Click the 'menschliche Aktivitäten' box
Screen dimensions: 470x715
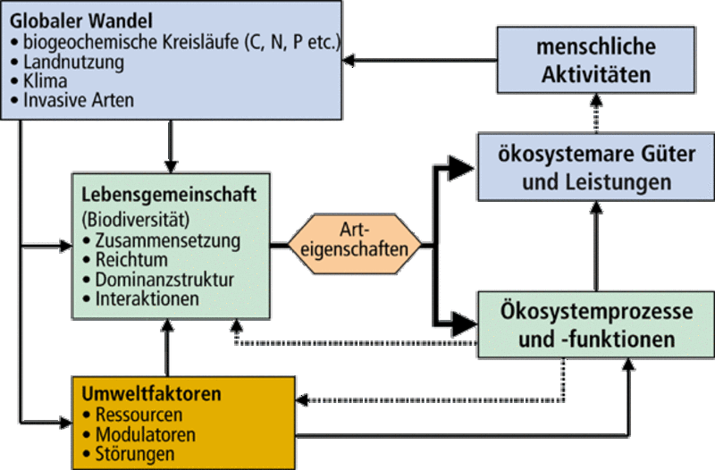pos(597,61)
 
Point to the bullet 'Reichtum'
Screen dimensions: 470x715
pos(134,260)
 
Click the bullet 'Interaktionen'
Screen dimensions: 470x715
pos(147,299)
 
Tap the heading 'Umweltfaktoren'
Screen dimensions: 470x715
pos(151,394)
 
